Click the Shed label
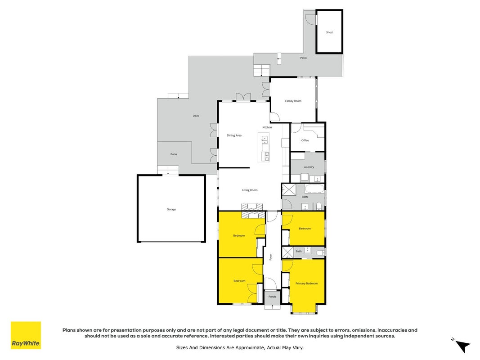329,32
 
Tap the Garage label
171,209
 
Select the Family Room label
293,101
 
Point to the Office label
305,140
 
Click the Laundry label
309,167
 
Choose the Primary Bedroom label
306,283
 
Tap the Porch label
272,297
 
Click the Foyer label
270,257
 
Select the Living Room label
250,190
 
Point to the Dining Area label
234,135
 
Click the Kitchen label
267,127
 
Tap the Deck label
196,116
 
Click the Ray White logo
26,335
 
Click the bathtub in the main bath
314,189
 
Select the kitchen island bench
264,147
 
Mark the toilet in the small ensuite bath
320,252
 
